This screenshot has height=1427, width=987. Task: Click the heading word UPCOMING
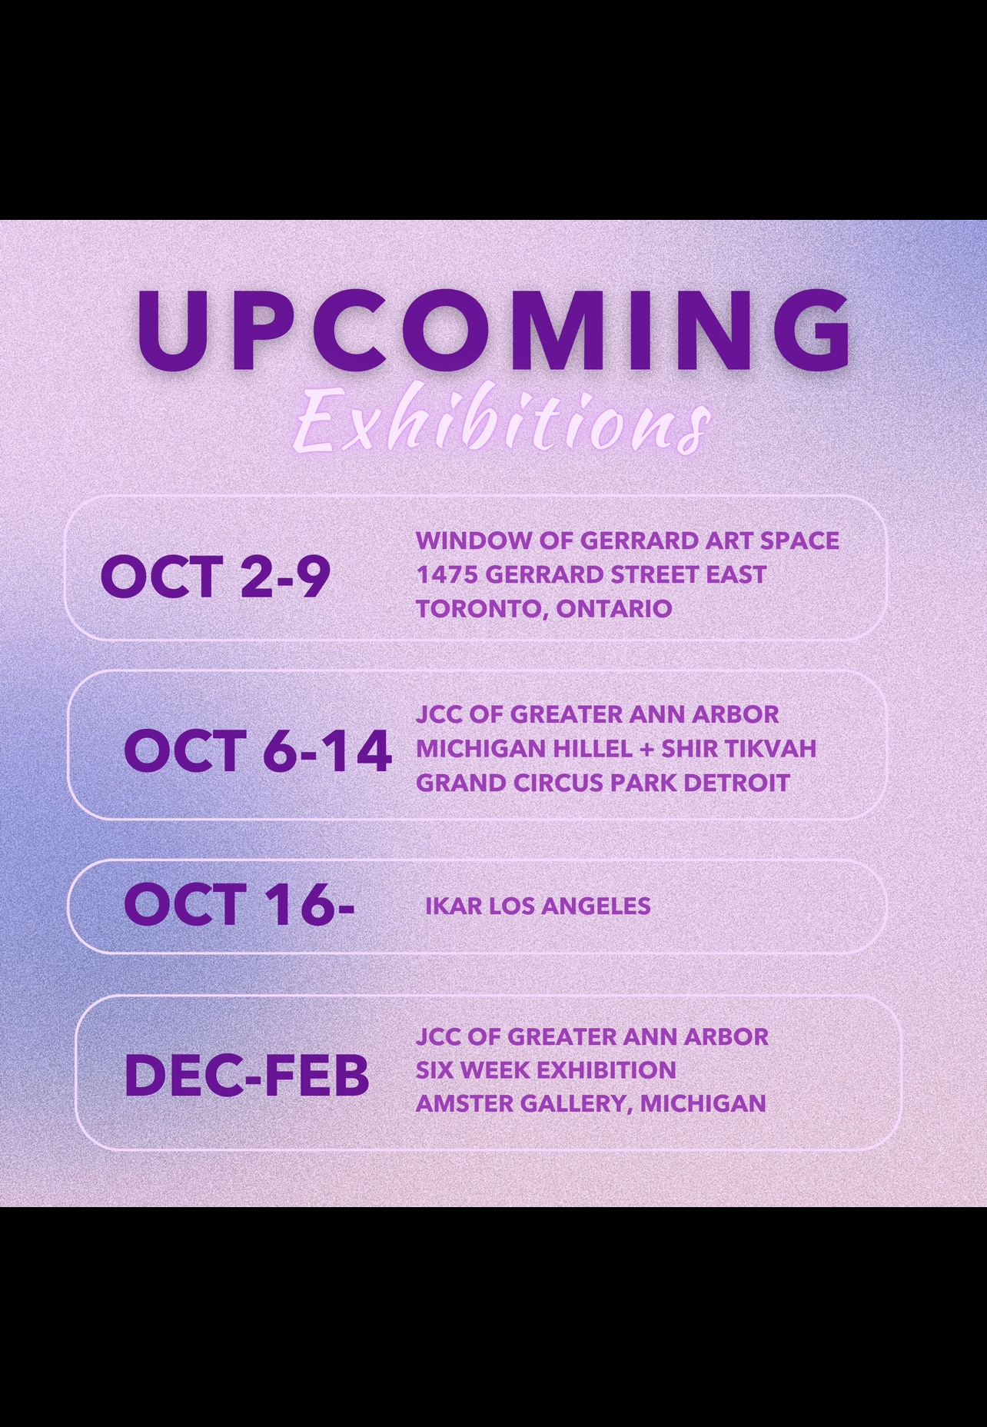[494, 331]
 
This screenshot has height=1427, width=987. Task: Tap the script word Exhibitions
[501, 422]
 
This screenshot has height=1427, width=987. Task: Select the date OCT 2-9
[215, 577]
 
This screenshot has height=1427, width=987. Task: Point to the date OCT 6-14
[258, 750]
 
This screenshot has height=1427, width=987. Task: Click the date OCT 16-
[239, 904]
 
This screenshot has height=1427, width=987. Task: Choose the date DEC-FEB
[247, 1075]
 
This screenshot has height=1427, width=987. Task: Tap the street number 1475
[447, 574]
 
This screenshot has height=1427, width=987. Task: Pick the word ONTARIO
[614, 609]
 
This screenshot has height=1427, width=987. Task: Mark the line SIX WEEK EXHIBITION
[546, 1069]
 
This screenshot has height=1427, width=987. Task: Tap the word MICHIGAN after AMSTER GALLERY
[703, 1103]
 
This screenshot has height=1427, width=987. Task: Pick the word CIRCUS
[558, 783]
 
